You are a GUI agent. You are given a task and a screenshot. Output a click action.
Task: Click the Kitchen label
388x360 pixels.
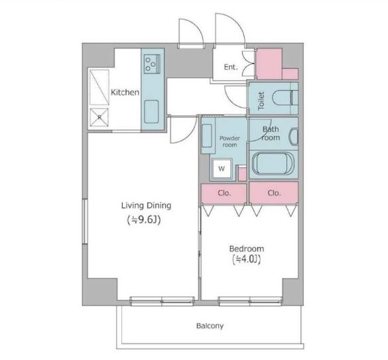(125, 93)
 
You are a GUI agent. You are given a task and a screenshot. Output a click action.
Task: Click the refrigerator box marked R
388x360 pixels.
(99, 117)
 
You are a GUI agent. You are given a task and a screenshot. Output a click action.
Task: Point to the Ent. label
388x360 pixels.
(231, 67)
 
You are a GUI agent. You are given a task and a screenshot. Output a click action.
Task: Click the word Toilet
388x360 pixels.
(261, 101)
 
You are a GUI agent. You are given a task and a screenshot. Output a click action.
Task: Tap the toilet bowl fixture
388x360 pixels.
(285, 98)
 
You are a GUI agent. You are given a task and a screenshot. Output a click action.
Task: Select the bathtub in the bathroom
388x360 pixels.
(273, 164)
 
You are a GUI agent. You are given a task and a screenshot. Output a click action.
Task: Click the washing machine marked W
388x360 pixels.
(222, 168)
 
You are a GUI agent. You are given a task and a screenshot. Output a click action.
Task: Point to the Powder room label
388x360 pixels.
(229, 141)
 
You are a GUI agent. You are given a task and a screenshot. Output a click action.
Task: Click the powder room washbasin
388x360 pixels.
(207, 136)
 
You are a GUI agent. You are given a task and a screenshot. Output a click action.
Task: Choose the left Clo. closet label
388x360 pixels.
(224, 193)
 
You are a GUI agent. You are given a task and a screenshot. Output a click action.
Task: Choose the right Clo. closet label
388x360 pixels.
(274, 193)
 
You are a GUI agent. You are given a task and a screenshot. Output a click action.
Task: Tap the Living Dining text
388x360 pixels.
(146, 206)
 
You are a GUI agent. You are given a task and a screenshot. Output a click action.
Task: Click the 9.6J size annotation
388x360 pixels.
(145, 220)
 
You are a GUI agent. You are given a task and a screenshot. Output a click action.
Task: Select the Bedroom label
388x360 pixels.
(247, 249)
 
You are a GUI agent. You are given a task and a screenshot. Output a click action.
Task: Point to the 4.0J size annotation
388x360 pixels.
(247, 259)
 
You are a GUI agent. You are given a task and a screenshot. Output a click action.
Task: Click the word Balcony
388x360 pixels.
(210, 326)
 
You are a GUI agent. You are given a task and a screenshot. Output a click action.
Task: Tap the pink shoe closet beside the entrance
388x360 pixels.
(277, 64)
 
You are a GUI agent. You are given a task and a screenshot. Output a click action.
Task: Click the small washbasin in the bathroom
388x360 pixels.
(293, 137)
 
